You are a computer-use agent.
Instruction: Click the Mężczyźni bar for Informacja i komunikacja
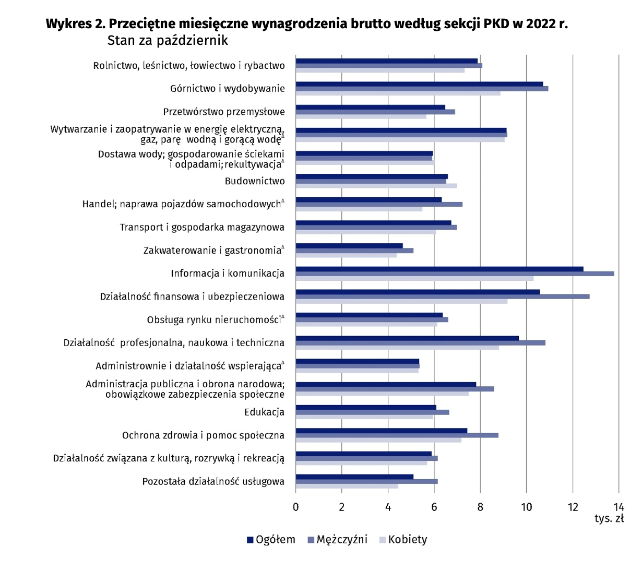pyautogui.click(x=454, y=273)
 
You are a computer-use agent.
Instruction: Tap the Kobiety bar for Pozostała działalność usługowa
pyautogui.click(x=347, y=486)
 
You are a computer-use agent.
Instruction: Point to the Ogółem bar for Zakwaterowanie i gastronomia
pyautogui.click(x=349, y=246)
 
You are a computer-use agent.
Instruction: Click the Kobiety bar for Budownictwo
pyautogui.click(x=376, y=186)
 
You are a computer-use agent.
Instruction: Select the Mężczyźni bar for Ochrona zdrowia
pyautogui.click(x=397, y=435)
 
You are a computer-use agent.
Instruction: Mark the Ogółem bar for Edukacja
pyautogui.click(x=366, y=408)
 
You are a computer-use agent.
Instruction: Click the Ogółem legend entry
pyautogui.click(x=271, y=540)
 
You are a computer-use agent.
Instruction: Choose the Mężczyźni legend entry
pyautogui.click(x=338, y=540)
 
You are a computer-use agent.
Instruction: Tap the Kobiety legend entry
pyautogui.click(x=403, y=540)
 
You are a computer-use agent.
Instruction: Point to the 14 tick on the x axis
pyautogui.click(x=619, y=507)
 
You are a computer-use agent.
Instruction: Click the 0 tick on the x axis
pyautogui.click(x=296, y=507)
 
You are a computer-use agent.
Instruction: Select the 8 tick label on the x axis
pyautogui.click(x=480, y=507)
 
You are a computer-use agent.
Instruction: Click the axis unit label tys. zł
pyautogui.click(x=609, y=518)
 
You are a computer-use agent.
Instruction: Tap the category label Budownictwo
pyautogui.click(x=255, y=181)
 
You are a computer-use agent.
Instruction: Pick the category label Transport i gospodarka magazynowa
pyautogui.click(x=202, y=227)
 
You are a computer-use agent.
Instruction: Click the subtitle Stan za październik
pyautogui.click(x=168, y=40)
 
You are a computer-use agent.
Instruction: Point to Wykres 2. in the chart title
pyautogui.click(x=75, y=24)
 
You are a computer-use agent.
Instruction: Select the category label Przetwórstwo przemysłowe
pyautogui.click(x=224, y=112)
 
